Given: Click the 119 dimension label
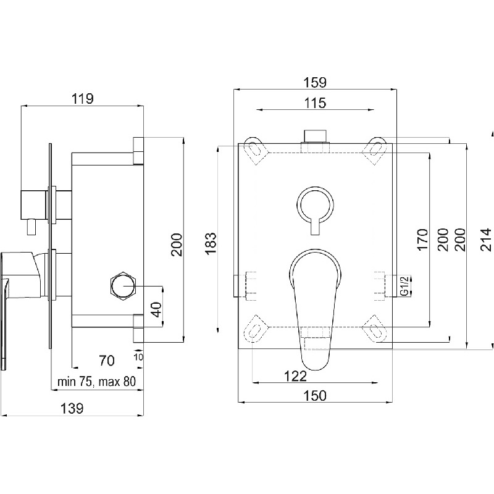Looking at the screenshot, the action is tap(83, 99).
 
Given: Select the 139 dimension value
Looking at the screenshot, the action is tap(72, 409).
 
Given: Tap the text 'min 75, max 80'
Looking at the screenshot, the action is tap(96, 382).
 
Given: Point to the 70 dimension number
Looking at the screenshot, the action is tap(107, 361).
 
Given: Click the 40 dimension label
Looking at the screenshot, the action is tap(157, 310).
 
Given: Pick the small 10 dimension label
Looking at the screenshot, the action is tap(138, 357).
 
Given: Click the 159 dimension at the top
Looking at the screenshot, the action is tap(315, 83).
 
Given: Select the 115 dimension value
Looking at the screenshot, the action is tap(316, 103).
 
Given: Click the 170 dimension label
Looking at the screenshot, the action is tap(422, 240).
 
